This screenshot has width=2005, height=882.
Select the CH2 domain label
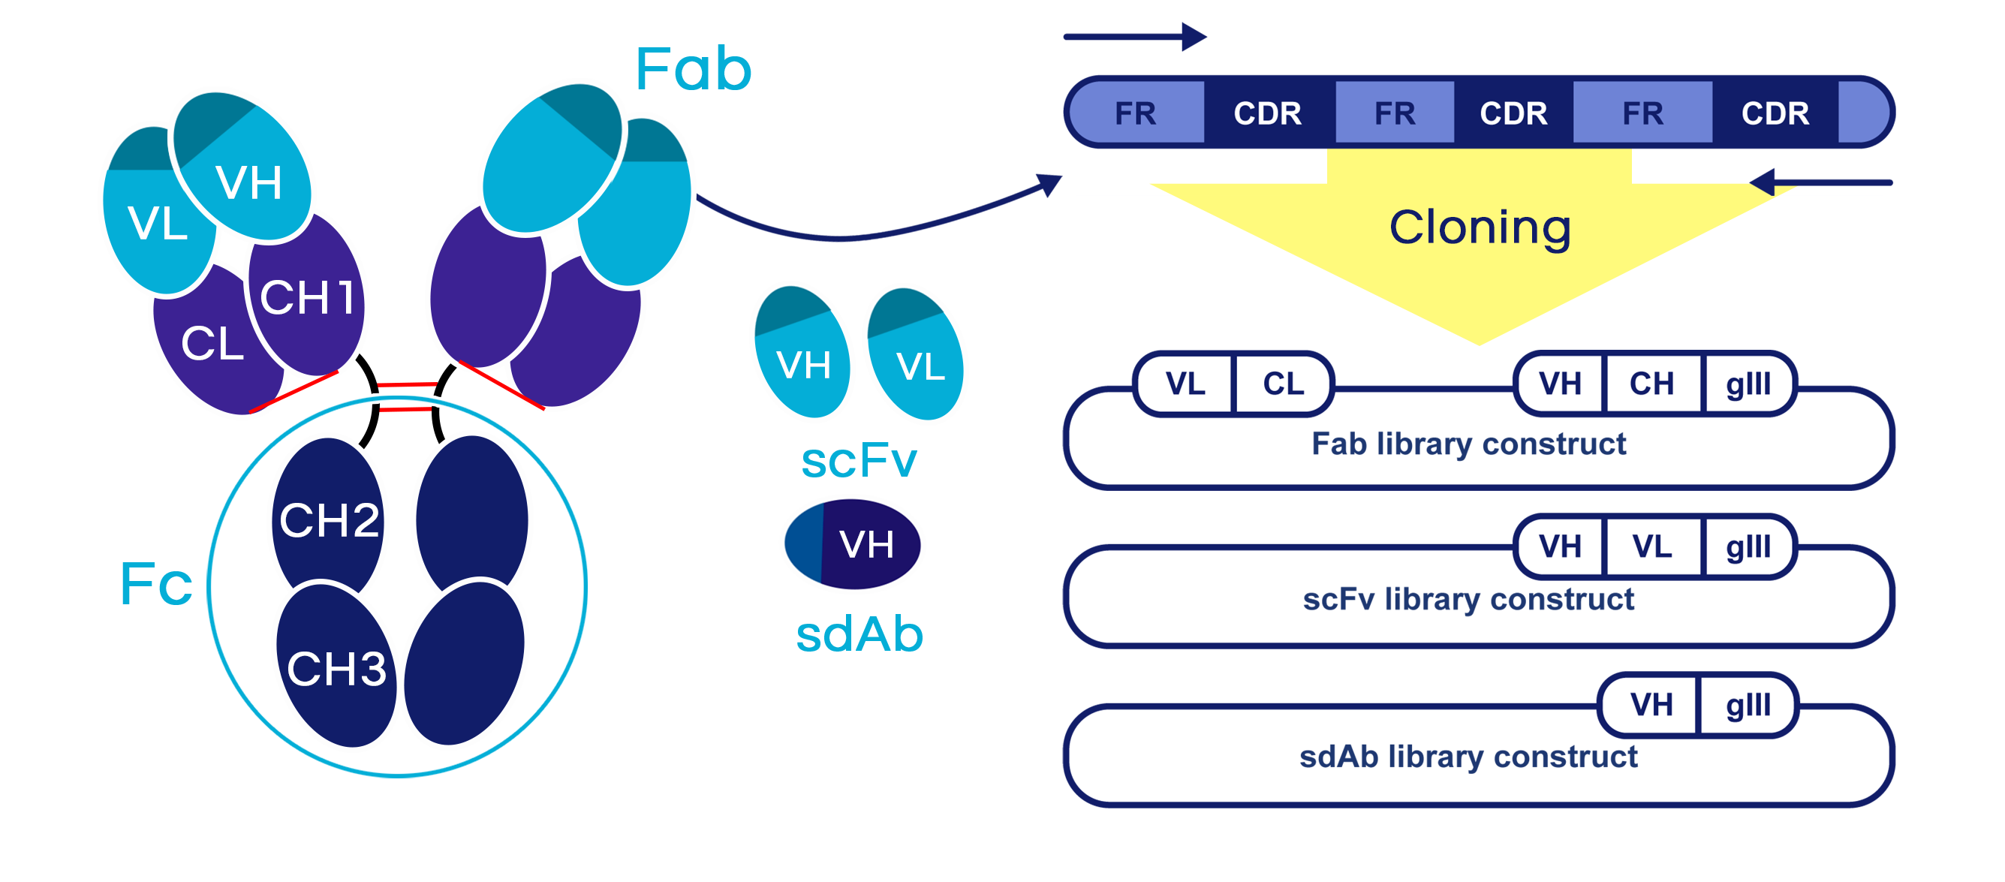(330, 519)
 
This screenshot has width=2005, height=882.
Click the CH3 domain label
(336, 668)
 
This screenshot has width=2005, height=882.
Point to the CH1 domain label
(308, 297)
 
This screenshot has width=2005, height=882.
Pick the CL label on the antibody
(212, 343)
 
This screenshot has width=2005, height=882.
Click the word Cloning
(1480, 227)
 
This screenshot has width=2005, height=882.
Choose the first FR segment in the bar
(1135, 113)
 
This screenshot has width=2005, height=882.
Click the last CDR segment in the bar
(1775, 113)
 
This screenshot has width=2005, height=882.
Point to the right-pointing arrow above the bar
(1134, 36)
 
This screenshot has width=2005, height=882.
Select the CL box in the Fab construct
(1283, 383)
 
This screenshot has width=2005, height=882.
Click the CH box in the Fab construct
(1651, 383)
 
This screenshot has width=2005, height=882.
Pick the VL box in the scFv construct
(1651, 546)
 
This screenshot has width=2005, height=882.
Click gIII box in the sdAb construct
(1748, 705)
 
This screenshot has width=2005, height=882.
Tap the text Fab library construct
(1468, 444)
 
